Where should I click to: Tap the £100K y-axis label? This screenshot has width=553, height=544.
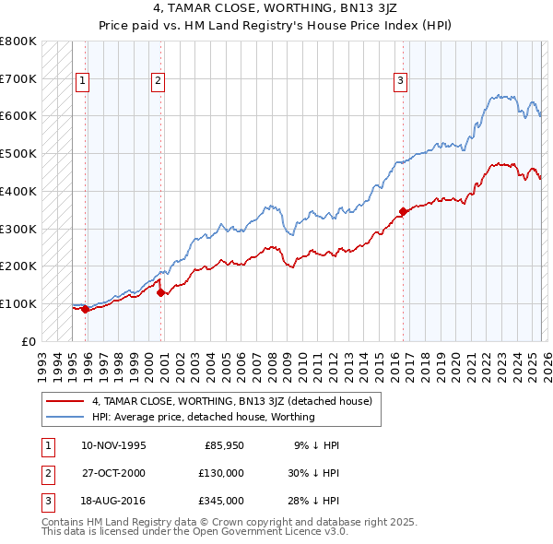pyautogui.click(x=18, y=303)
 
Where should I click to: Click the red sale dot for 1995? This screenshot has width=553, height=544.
pyautogui.click(x=85, y=309)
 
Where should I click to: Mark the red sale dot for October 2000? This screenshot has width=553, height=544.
pyautogui.click(x=160, y=292)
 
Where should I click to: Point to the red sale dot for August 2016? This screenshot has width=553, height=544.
pyautogui.click(x=403, y=211)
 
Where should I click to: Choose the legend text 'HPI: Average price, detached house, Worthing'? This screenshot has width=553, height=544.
pyautogui.click(x=203, y=417)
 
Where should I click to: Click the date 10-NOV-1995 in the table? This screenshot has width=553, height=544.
pyautogui.click(x=112, y=445)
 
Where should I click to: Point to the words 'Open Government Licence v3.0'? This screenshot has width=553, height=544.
pyautogui.click(x=268, y=532)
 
